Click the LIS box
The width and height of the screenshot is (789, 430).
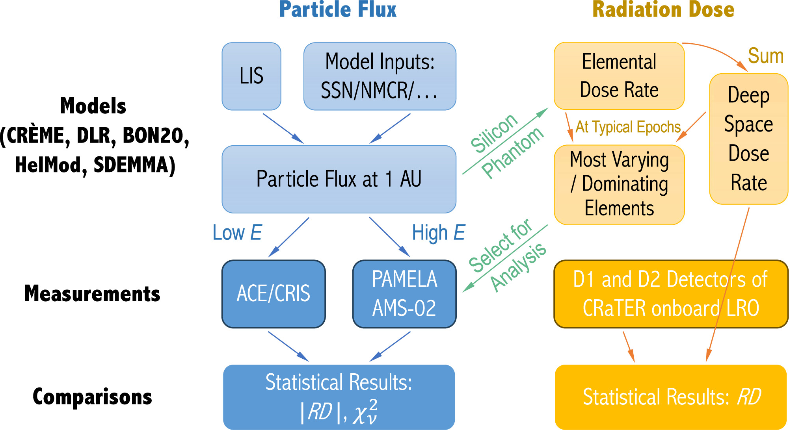point(251,76)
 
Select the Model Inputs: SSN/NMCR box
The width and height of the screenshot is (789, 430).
point(380,76)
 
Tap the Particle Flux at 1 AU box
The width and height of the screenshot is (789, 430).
point(339,179)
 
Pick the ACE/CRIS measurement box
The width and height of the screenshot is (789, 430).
point(274,294)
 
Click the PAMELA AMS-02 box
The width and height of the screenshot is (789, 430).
point(404,294)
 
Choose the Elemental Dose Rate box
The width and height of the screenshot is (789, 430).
point(619,76)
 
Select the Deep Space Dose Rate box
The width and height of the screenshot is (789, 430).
point(748,139)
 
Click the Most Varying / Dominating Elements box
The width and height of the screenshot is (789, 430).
point(619,184)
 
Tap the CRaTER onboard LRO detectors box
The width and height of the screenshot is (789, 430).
point(670,294)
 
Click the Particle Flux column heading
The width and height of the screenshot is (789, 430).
point(338,9)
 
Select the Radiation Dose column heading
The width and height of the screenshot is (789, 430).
point(663,9)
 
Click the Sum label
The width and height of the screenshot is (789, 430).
point(765,56)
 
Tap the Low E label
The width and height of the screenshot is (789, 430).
point(237,232)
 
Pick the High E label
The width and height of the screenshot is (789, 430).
point(438,232)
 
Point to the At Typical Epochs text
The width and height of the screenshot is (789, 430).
point(628,127)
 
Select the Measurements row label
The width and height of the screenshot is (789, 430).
point(92,294)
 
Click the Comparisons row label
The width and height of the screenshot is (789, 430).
point(92,397)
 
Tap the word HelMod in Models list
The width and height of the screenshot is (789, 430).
point(48,165)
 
